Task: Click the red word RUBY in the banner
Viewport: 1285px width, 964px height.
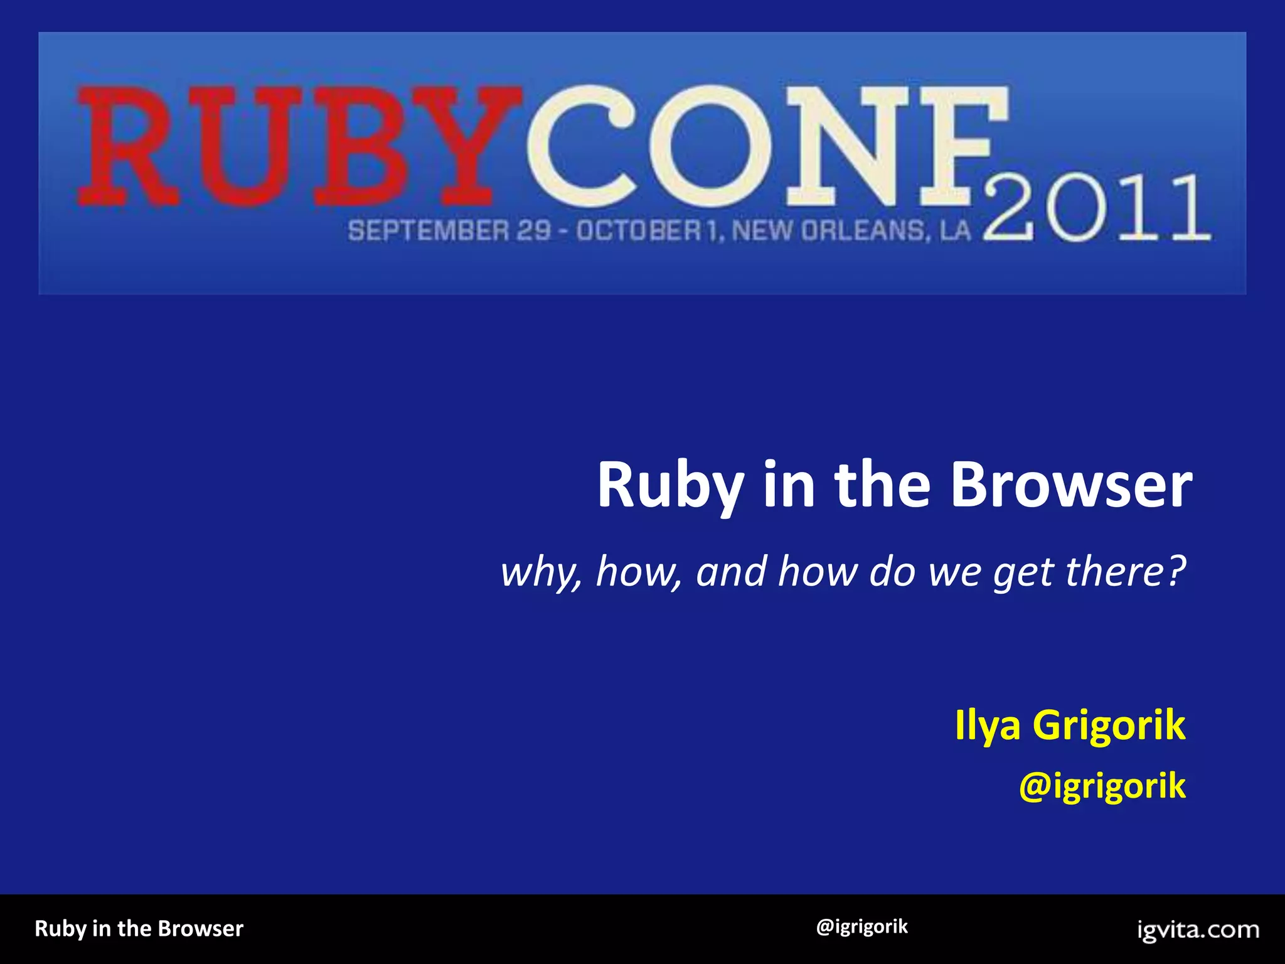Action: [x=295, y=146]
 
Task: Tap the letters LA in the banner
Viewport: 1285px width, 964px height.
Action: [x=956, y=231]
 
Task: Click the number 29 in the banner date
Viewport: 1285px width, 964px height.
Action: [x=534, y=231]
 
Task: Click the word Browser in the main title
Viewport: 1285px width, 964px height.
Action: [x=1070, y=486]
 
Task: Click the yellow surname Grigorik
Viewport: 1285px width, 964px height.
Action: [x=1109, y=726]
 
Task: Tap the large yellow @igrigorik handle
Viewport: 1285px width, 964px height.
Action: [x=1102, y=786]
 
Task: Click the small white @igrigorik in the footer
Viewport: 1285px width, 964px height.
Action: [x=861, y=927]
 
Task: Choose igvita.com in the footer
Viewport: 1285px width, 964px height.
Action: [x=1198, y=929]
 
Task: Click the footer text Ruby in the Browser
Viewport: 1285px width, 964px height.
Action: [x=139, y=928]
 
